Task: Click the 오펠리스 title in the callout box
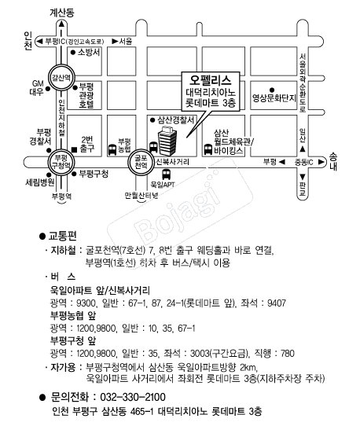point(211,80)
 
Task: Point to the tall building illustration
point(167,141)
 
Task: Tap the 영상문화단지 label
point(274,98)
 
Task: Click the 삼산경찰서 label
point(176,119)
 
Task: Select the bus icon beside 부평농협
point(112,149)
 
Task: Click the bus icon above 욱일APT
point(166,174)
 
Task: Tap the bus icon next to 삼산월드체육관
point(208,149)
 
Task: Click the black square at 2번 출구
point(74,149)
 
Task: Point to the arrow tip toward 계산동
point(61,22)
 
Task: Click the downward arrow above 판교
point(303,177)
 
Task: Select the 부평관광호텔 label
point(86,95)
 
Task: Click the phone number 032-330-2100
point(133,397)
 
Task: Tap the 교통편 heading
point(63,236)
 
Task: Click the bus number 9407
point(277,303)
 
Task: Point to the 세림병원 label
point(40,182)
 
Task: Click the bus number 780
point(288,353)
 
